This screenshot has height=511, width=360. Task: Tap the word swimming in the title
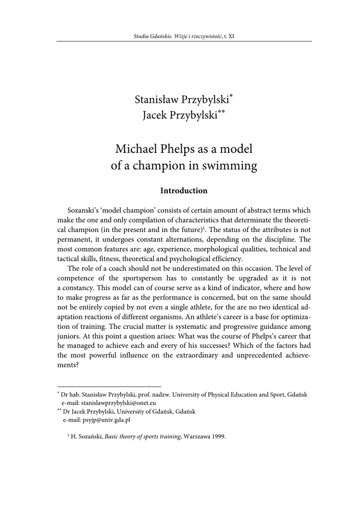(233, 166)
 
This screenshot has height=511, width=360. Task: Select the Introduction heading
(183, 191)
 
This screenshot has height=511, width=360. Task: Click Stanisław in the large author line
(159, 99)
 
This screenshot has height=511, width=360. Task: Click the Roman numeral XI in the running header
(231, 36)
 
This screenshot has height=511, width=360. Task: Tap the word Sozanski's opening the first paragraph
(84, 211)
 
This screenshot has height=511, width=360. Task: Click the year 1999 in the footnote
(219, 437)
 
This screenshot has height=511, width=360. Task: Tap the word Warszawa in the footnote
(196, 437)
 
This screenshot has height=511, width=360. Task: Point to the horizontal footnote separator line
(109, 386)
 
